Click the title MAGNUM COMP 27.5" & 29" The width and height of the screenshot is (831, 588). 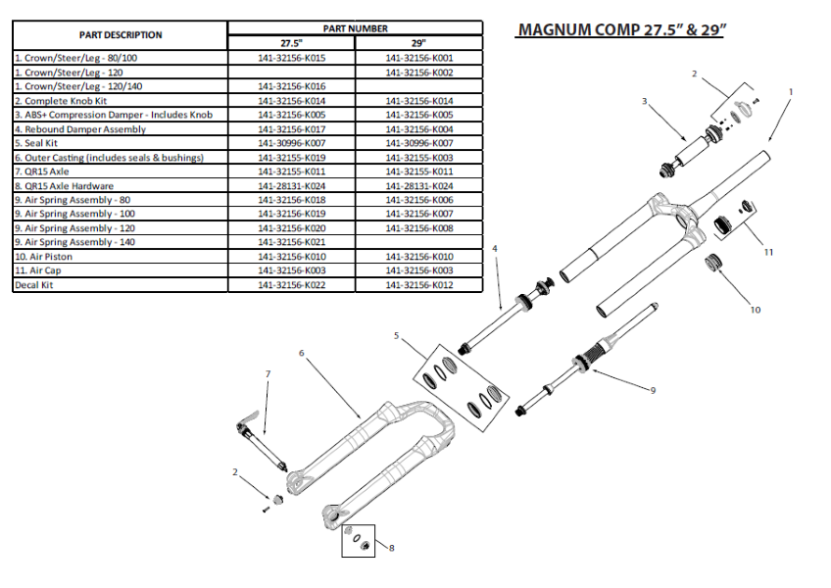coord(620,29)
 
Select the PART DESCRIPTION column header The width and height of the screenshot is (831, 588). coord(121,35)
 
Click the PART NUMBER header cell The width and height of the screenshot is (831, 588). coord(356,28)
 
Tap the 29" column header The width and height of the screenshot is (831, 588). coord(419,43)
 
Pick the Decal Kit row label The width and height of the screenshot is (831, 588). coord(36,285)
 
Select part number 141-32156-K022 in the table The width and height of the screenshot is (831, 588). coord(291,285)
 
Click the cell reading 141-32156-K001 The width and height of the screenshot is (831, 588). coord(419,58)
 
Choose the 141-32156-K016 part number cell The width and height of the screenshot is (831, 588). coord(291,86)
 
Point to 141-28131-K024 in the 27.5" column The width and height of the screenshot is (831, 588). coord(291,186)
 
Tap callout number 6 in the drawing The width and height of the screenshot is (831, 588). coord(301,353)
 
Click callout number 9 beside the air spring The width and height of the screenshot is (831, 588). coord(652,390)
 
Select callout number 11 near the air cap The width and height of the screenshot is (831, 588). coord(768,252)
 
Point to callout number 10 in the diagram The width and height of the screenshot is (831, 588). coord(755,310)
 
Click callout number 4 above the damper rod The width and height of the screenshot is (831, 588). coord(495,249)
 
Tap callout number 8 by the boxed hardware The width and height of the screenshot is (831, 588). coord(391,548)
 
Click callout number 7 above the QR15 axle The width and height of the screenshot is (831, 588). coord(268,373)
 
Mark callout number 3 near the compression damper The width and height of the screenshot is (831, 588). coord(645,101)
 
